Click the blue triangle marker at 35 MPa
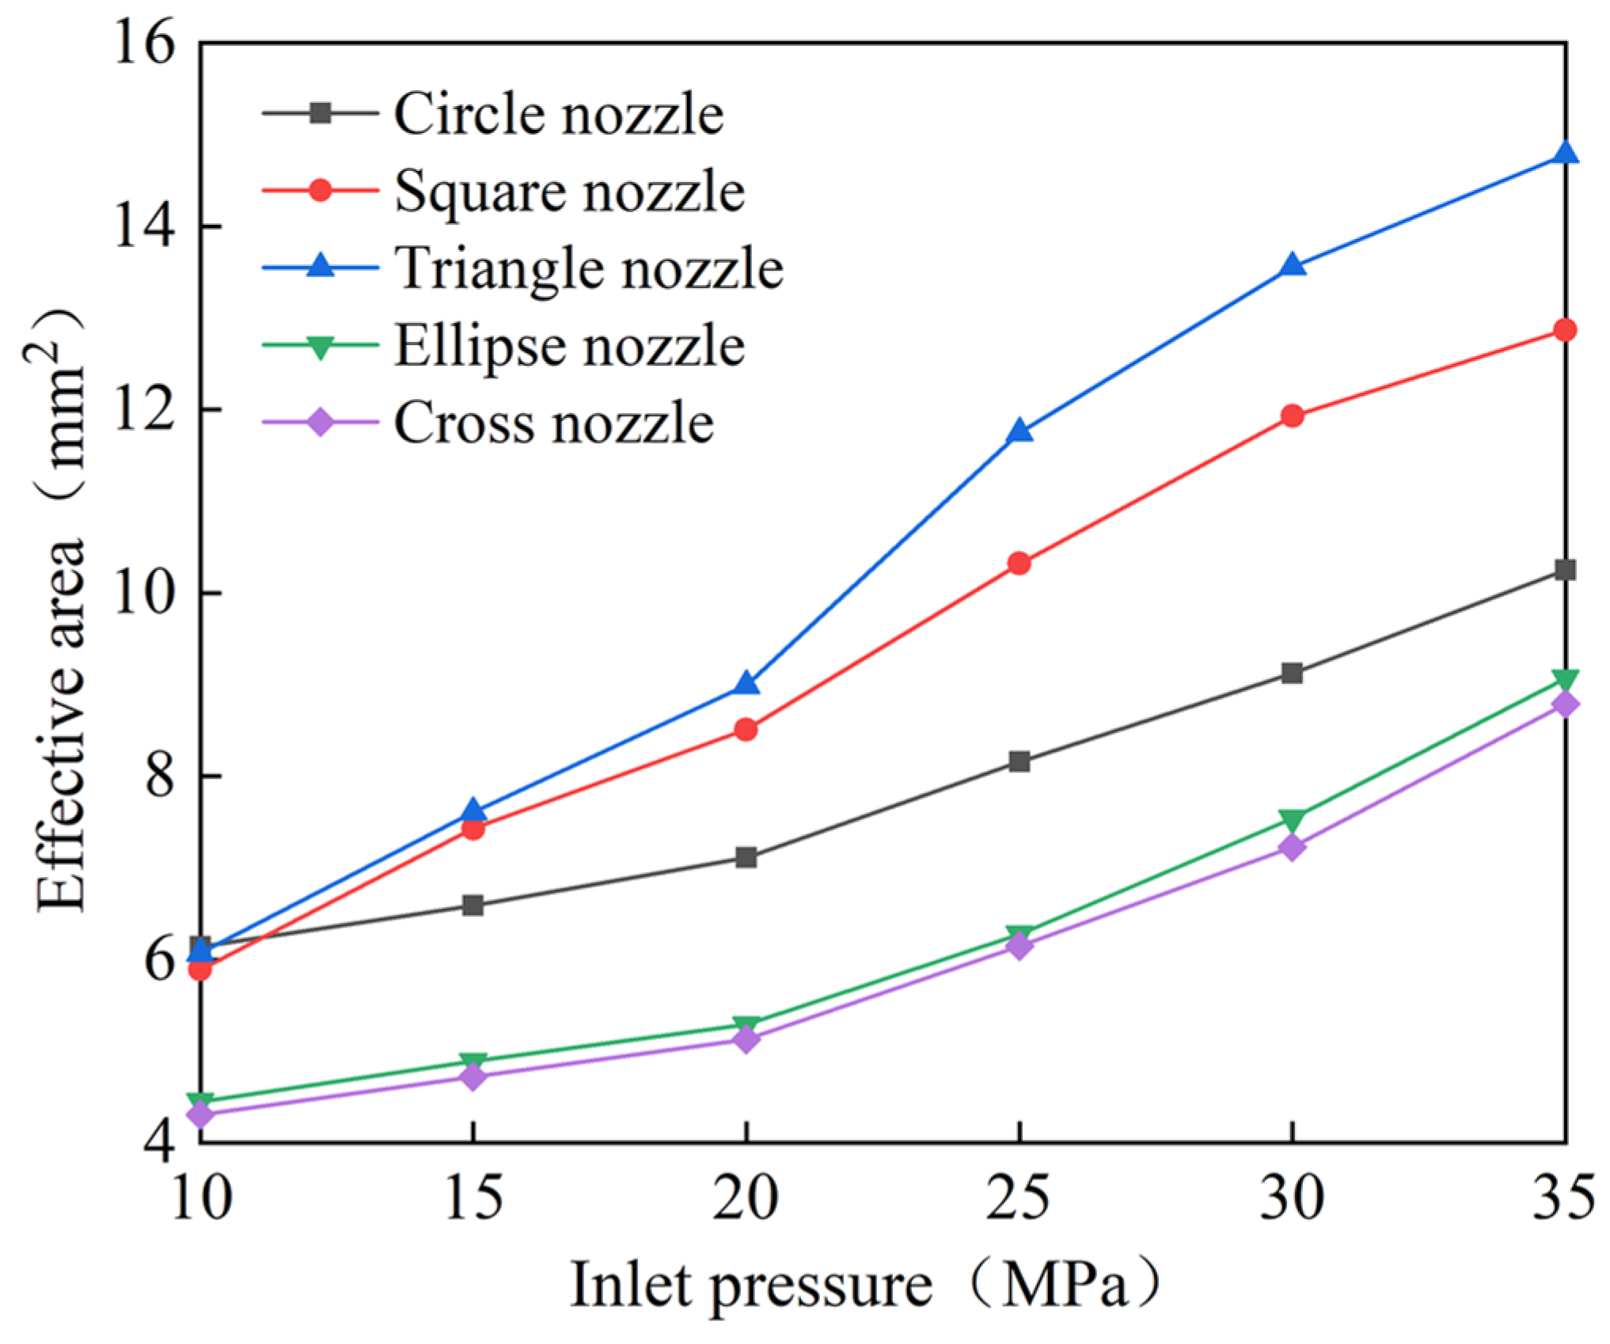[1564, 153]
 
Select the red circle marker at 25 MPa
[1020, 564]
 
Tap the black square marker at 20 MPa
[746, 857]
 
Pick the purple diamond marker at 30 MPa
[1292, 848]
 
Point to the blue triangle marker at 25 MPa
[1020, 431]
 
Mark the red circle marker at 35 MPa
[1564, 329]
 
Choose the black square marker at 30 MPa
[1292, 674]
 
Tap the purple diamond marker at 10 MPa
[201, 1114]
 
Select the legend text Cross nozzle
[554, 423]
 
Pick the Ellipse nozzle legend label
[569, 346]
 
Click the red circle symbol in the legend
[320, 191]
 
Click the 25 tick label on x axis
[1019, 1197]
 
